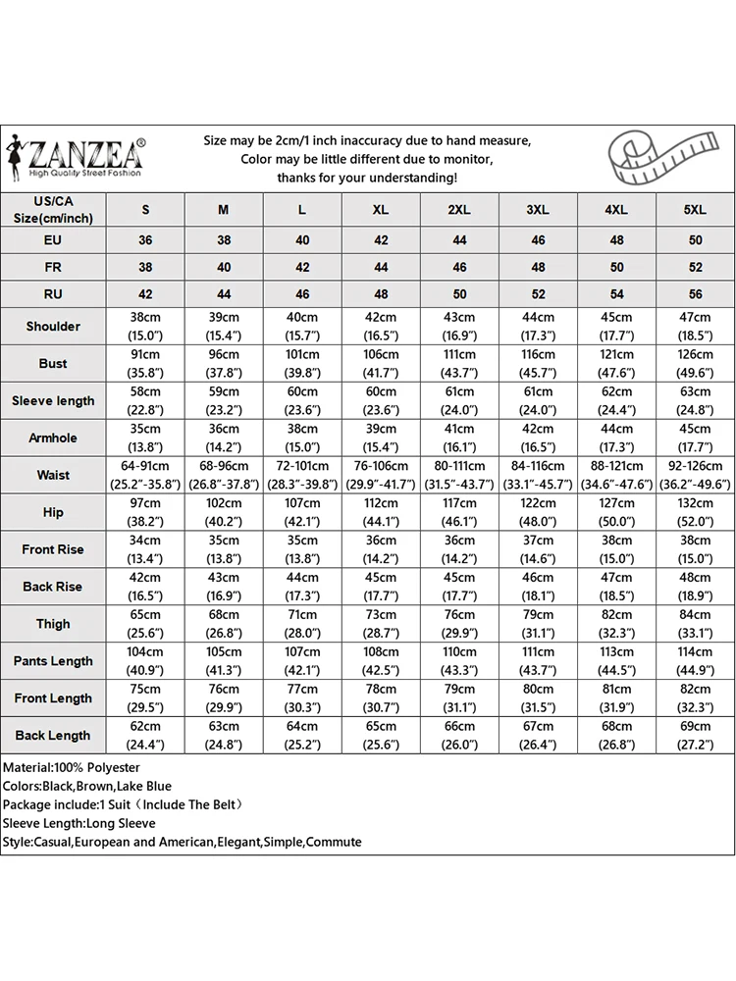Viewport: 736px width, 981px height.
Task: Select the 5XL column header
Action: [x=695, y=210]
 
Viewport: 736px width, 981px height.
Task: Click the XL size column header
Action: [x=381, y=210]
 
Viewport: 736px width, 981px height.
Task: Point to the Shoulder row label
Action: [x=53, y=326]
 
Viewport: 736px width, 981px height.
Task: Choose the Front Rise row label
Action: [x=53, y=549]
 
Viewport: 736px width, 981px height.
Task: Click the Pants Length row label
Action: [x=53, y=661]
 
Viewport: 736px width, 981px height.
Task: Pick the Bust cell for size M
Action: [x=224, y=363]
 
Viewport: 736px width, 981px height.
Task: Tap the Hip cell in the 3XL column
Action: [x=538, y=512]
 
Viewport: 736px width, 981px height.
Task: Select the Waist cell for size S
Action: [x=145, y=475]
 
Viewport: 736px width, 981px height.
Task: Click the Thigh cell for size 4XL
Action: [x=616, y=624]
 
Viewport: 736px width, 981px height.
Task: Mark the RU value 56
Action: [x=695, y=293]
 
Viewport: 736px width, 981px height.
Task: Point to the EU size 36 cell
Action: [x=145, y=240]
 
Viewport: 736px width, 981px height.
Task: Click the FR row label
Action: [x=53, y=267]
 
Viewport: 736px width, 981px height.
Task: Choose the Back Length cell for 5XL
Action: [x=695, y=736]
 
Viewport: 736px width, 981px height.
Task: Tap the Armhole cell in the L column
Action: [x=302, y=438]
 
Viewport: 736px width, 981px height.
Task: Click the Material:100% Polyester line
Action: [x=72, y=767]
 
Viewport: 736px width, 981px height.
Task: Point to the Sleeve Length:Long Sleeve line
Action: [x=79, y=823]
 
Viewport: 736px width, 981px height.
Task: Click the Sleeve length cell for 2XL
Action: [x=459, y=400]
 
